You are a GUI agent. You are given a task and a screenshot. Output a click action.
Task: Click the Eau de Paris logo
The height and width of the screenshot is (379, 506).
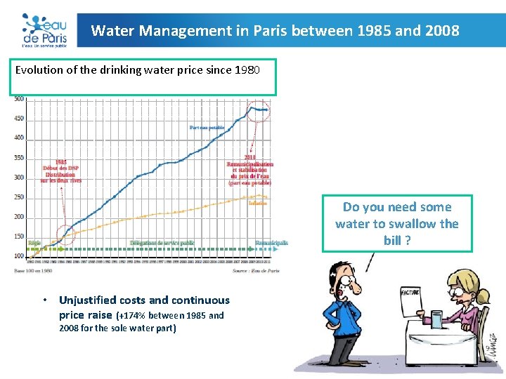(44, 30)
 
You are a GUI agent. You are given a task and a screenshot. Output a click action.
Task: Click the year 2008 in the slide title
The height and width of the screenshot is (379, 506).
(443, 31)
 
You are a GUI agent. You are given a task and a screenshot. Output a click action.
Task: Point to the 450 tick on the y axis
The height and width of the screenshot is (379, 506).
(19, 118)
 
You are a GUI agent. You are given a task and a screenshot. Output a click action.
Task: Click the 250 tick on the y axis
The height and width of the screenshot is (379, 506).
(19, 197)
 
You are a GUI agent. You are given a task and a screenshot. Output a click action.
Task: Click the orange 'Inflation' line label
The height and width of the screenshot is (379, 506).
(257, 203)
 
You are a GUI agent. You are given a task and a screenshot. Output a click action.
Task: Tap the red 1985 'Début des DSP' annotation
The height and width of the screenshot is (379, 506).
(61, 171)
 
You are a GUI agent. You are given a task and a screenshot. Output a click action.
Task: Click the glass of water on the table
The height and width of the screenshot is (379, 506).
(437, 319)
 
